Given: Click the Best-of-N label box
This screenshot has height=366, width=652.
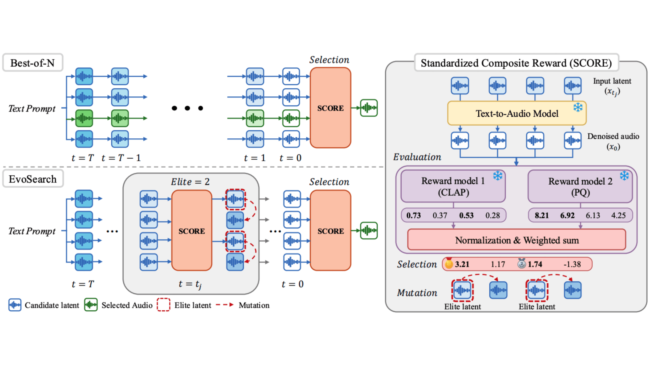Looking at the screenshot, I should click(x=33, y=63).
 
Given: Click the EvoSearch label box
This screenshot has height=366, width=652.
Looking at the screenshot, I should click(x=33, y=179).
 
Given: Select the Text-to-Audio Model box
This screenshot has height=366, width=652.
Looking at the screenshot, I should click(x=517, y=113).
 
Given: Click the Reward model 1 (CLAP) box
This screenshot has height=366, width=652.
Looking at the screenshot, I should click(x=453, y=186).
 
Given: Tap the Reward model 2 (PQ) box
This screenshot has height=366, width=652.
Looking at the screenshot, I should click(x=580, y=187).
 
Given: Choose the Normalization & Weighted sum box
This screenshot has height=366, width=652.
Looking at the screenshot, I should click(x=517, y=240).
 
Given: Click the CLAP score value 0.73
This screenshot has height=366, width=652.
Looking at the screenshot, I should click(x=413, y=215).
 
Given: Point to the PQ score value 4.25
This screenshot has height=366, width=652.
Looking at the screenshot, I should click(x=618, y=215).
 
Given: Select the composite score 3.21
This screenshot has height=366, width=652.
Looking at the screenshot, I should click(x=462, y=264).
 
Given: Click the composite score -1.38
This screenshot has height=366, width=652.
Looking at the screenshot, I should click(x=572, y=264).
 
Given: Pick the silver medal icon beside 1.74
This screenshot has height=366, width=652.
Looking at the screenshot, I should click(x=521, y=263).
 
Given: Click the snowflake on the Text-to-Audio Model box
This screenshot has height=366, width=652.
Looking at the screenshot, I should click(x=578, y=107).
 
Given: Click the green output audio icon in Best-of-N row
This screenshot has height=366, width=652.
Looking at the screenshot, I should click(x=369, y=108).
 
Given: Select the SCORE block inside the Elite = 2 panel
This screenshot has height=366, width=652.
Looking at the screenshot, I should click(x=191, y=231).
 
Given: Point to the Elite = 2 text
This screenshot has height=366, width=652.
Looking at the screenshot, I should click(x=190, y=182).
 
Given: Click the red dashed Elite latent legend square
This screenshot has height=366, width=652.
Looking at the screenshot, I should click(x=163, y=305).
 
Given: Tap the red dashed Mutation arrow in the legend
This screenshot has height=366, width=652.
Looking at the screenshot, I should click(x=225, y=305).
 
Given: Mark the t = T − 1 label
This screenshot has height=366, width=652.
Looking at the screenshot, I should click(x=121, y=158).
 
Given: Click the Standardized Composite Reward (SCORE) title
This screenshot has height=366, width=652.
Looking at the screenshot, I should click(x=516, y=63).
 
